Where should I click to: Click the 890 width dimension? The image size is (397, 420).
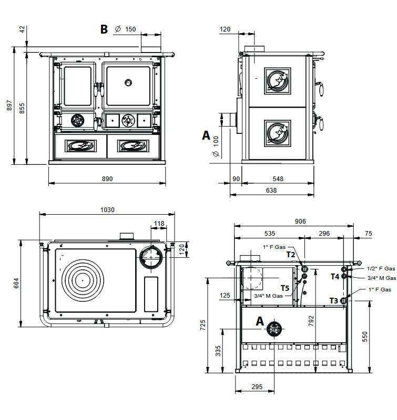pos(107,179)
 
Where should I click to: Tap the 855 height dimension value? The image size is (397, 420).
pos(22,108)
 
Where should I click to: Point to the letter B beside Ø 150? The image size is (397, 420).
pos(104,29)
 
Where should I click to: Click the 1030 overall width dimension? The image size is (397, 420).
pos(107,209)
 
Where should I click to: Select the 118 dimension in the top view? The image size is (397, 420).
pos(158,224)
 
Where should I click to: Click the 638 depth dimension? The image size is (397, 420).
pos(271,191)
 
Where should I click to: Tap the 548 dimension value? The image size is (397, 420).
pos(278,179)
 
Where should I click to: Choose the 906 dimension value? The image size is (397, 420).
pos(300,222)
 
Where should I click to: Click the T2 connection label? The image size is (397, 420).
pos(290,254)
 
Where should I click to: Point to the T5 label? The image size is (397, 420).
pos(284,288)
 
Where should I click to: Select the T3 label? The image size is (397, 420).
pos(333,300)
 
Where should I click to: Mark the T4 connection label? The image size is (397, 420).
pos(334,276)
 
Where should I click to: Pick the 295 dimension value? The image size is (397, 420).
pos(256,387)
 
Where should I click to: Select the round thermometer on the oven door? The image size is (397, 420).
pos(129,82)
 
